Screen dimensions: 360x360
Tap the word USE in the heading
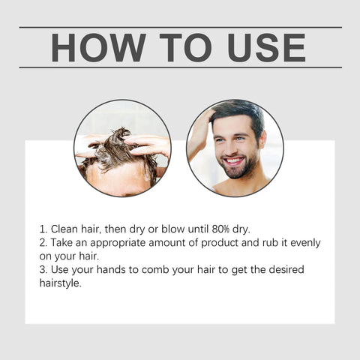pyautogui.click(x=261, y=47)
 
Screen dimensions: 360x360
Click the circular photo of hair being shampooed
pyautogui.click(x=122, y=148)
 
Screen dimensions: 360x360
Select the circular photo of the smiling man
pyautogui.click(x=235, y=148)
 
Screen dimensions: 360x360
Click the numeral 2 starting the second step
pyautogui.click(x=41, y=243)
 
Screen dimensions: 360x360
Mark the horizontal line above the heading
pyautogui.click(x=180, y=28)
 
